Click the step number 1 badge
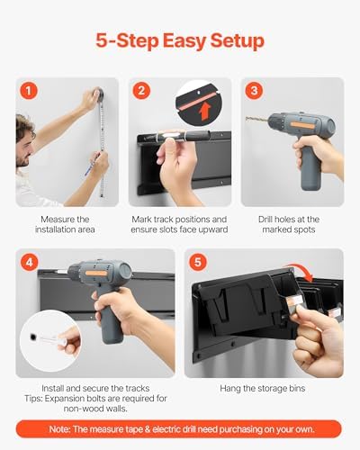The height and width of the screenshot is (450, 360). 29,91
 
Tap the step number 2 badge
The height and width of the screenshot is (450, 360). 141,91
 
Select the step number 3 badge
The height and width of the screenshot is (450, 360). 254,91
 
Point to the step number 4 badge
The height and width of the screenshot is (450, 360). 30,262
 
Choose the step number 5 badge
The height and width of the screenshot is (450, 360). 198,262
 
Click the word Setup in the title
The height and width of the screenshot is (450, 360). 238,41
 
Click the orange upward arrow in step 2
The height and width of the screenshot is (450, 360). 205,112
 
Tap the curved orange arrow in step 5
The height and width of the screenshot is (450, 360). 301,272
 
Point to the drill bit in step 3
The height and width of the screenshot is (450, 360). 257,120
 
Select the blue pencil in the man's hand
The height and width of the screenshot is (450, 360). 90,167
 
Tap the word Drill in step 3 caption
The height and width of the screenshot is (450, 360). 266,220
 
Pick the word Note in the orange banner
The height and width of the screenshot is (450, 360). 60,429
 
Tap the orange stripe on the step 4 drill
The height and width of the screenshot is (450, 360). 95,274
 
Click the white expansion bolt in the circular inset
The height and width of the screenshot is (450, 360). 51,340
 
